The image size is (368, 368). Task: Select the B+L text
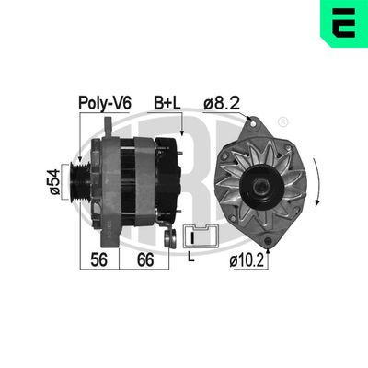click(167, 105)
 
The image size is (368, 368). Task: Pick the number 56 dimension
click(100, 261)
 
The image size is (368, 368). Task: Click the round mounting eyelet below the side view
click(168, 238)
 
